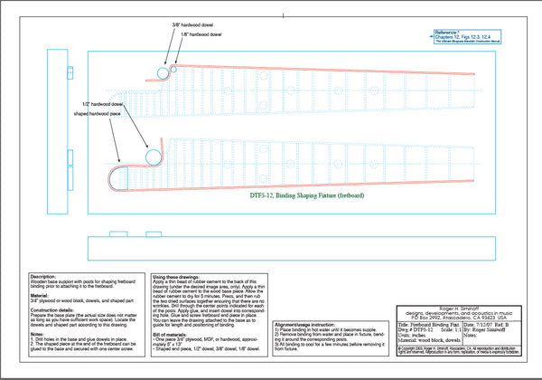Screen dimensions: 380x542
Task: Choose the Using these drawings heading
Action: (181, 276)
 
